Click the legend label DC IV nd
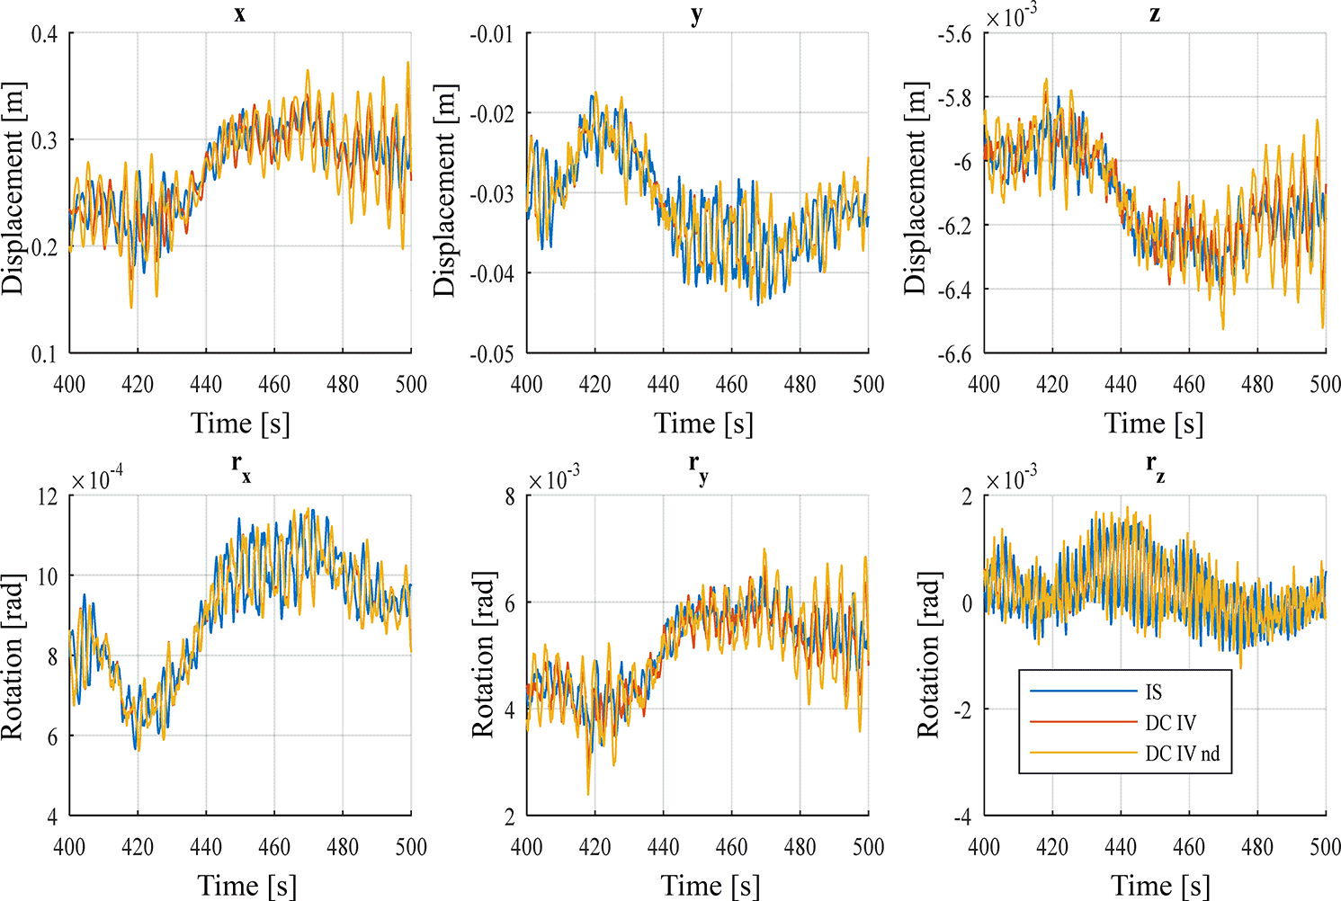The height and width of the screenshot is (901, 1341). (x=1182, y=754)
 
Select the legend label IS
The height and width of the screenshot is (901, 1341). (x=1154, y=692)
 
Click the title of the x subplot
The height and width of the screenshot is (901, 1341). (x=239, y=15)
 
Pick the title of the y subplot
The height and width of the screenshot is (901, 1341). (x=697, y=15)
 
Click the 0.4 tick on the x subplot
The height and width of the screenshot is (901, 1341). (x=45, y=34)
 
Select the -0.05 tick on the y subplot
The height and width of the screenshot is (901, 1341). (x=492, y=353)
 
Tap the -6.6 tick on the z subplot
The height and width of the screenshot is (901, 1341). (x=954, y=353)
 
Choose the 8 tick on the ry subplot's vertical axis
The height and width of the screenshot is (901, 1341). (x=510, y=496)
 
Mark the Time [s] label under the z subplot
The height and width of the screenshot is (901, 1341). (x=1154, y=424)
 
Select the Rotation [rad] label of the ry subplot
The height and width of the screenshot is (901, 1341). (x=483, y=655)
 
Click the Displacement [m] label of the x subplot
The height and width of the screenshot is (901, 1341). (x=13, y=189)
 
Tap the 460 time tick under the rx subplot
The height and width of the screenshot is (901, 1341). (x=274, y=847)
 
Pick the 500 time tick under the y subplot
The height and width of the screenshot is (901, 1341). (x=868, y=385)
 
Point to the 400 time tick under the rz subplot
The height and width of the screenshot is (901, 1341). (x=984, y=847)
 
